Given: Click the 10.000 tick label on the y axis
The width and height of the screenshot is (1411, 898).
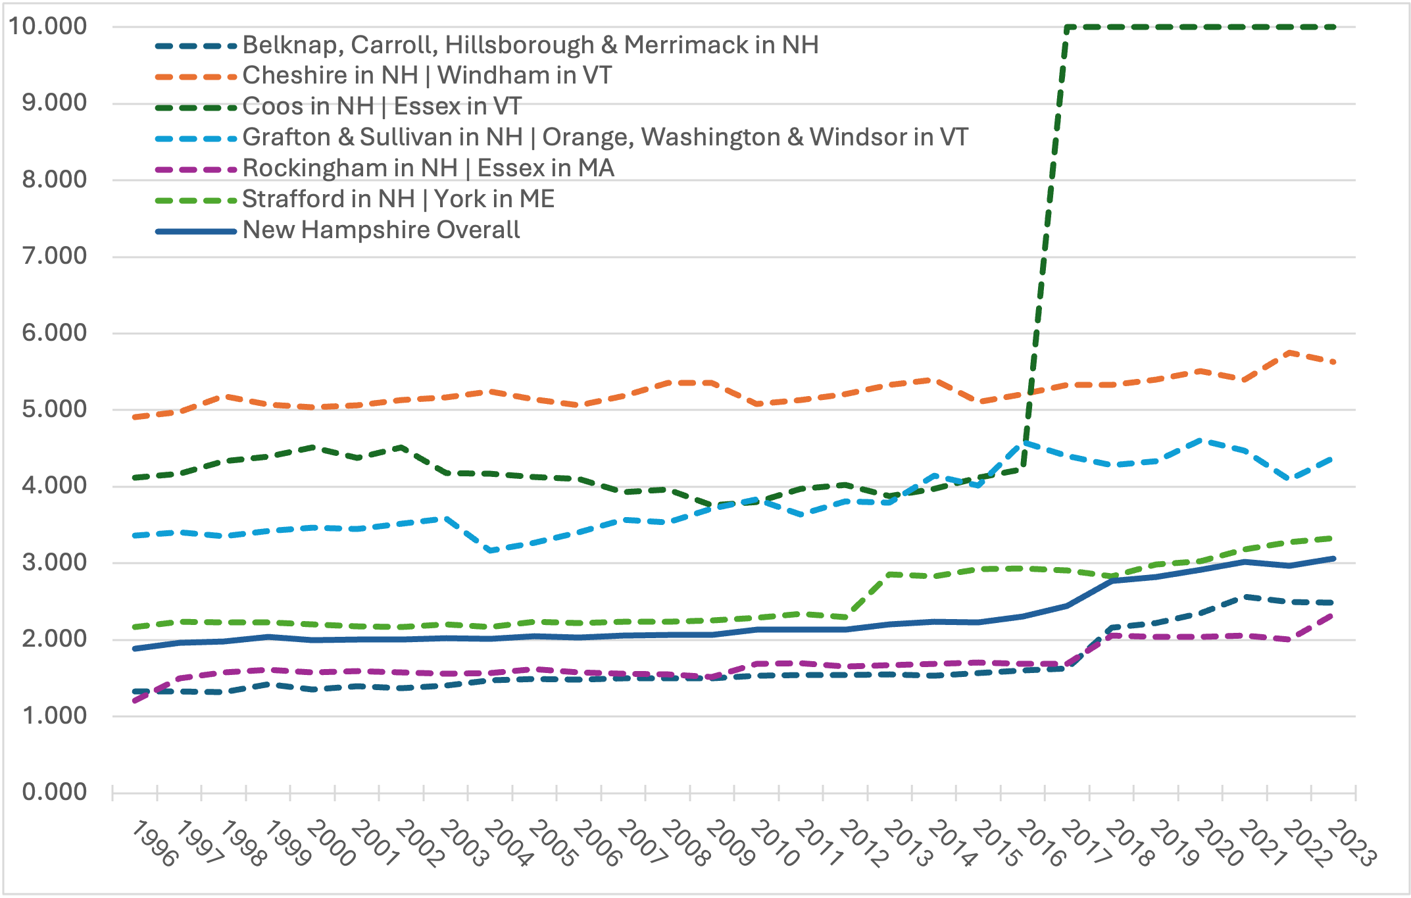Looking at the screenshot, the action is click(47, 26).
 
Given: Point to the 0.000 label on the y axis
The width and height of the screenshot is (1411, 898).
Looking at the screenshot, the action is click(55, 792).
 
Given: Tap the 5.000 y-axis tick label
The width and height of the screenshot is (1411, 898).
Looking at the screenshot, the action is click(55, 409).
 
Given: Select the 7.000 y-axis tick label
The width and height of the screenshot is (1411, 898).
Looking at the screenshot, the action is click(55, 256).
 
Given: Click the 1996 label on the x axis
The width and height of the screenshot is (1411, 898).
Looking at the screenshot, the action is click(155, 843).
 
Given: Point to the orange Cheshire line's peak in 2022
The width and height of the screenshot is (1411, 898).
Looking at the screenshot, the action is click(1289, 353).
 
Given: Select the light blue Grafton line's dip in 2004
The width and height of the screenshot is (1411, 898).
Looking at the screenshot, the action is click(490, 551).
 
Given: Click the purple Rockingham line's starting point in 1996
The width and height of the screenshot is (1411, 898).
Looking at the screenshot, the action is click(135, 701).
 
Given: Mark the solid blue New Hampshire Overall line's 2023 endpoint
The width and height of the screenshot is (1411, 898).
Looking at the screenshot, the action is click(1333, 559).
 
